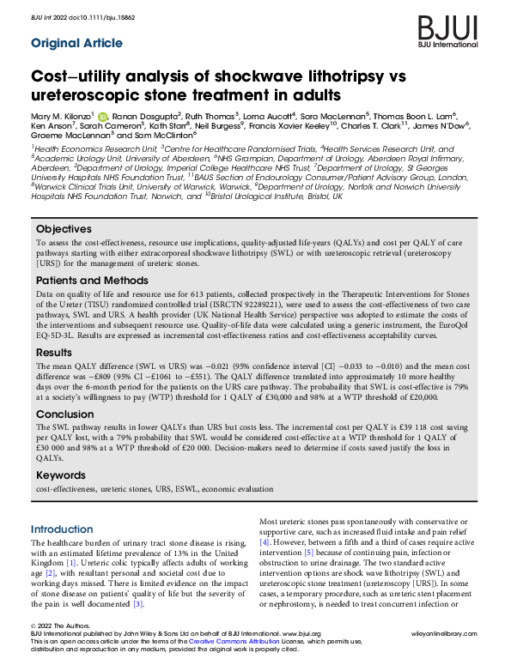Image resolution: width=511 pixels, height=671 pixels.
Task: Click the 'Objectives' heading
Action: point(64,229)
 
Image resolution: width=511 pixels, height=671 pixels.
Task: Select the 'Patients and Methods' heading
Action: point(93,281)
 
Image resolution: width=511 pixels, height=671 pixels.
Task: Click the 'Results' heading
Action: point(55,352)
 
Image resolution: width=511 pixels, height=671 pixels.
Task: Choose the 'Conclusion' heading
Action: point(64,414)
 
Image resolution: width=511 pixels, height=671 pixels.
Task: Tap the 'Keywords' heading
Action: point(62,475)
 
